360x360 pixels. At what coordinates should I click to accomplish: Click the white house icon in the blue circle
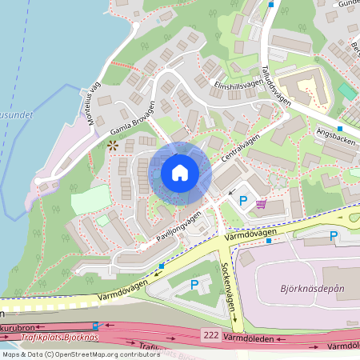[179, 173]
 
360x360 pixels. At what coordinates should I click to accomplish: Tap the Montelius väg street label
[90, 104]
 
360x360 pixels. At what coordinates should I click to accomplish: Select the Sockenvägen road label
[230, 286]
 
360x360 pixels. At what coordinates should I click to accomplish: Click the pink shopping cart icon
[261, 203]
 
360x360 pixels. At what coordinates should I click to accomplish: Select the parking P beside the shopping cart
[243, 200]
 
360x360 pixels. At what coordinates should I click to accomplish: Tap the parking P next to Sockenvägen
[194, 285]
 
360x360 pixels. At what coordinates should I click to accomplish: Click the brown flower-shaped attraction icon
[112, 146]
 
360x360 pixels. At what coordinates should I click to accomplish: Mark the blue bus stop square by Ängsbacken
[340, 129]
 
